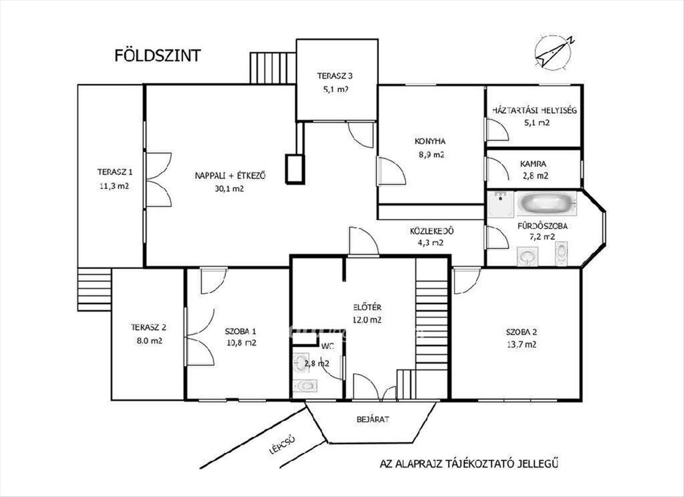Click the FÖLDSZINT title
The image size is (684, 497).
point(157,55)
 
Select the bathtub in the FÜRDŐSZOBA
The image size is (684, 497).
point(547,203)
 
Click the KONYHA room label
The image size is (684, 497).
point(430,141)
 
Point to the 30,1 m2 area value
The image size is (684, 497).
point(229,189)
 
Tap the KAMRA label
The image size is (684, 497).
point(533,164)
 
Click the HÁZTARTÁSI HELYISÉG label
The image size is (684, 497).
point(535,110)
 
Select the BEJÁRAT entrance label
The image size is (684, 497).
point(373,419)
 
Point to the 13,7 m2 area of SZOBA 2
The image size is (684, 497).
point(521,344)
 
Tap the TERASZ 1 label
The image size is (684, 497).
point(115,172)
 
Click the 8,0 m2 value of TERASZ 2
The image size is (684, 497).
point(149,340)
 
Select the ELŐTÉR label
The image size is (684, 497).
point(367,307)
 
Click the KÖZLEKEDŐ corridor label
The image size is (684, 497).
point(432,231)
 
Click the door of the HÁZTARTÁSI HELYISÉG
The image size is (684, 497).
point(496,129)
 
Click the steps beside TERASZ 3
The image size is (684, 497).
point(273,68)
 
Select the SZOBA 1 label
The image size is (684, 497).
point(241,331)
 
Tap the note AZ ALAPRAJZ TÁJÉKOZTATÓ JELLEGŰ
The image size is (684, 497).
point(469,473)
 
